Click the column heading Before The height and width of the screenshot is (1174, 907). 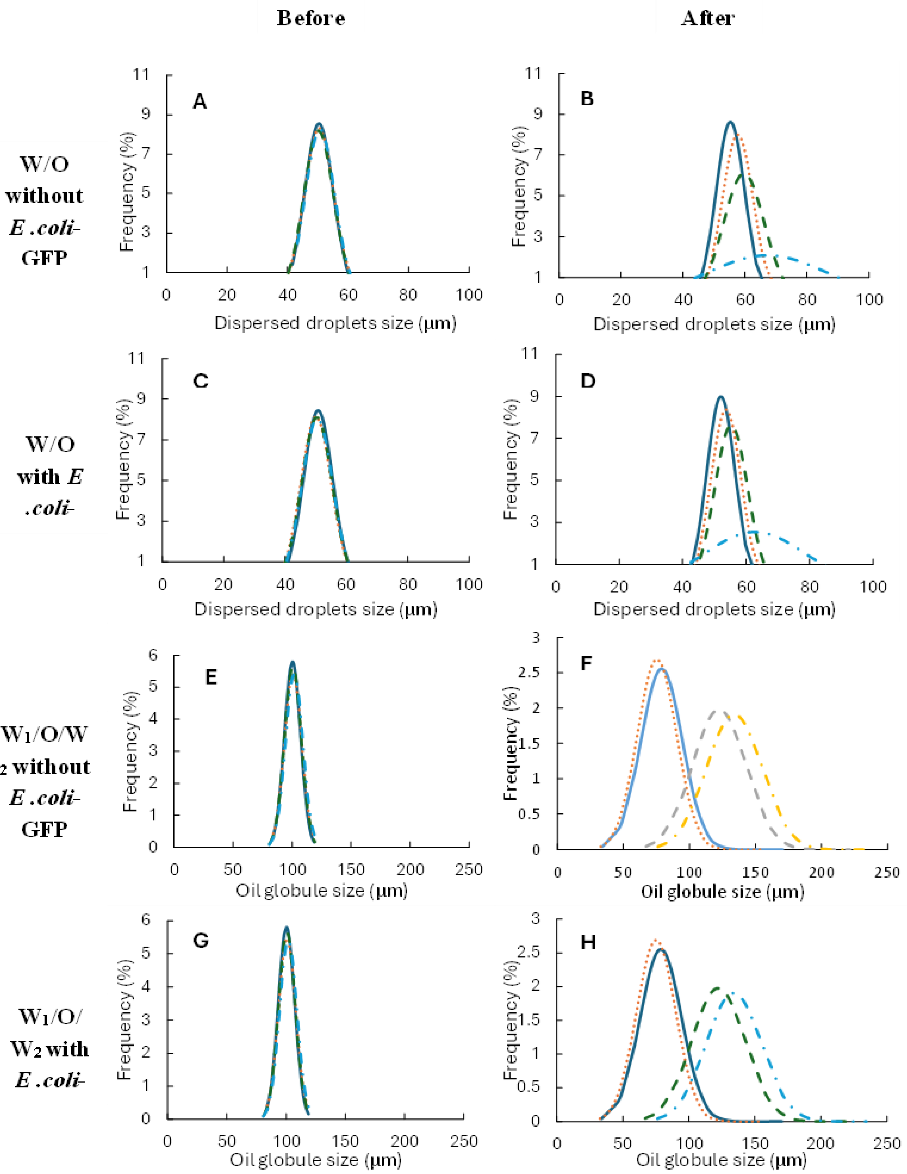point(311,19)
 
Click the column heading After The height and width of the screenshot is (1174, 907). point(707,19)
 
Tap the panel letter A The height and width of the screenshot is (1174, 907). point(200,101)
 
